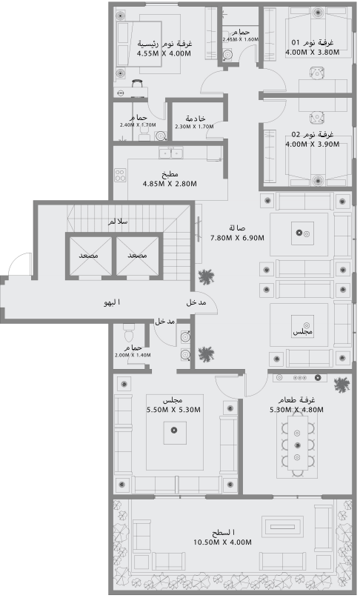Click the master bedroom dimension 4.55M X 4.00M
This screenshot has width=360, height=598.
(164, 53)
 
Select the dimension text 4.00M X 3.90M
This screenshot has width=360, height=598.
(312, 144)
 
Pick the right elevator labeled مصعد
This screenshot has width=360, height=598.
(137, 255)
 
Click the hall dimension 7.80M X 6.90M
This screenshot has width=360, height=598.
(238, 237)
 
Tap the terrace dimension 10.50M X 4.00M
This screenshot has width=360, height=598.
(223, 542)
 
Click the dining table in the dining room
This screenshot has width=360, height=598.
(297, 445)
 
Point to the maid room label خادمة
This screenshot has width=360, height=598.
(195, 119)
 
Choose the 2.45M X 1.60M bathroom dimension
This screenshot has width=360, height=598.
(240, 39)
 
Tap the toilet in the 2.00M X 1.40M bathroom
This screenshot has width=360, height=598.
(128, 330)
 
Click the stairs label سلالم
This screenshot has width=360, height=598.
(117, 222)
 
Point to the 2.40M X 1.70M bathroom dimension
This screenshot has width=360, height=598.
(138, 125)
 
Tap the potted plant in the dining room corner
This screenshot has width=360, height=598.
(341, 385)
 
